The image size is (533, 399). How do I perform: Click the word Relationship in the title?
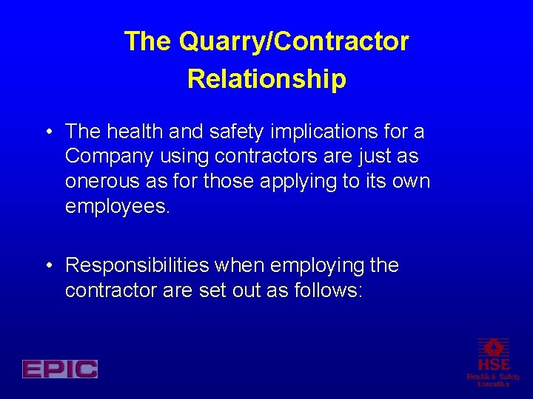(266, 78)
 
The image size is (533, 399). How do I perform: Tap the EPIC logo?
(60, 369)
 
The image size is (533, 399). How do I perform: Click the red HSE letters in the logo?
(493, 364)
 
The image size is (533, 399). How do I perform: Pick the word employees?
(117, 207)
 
